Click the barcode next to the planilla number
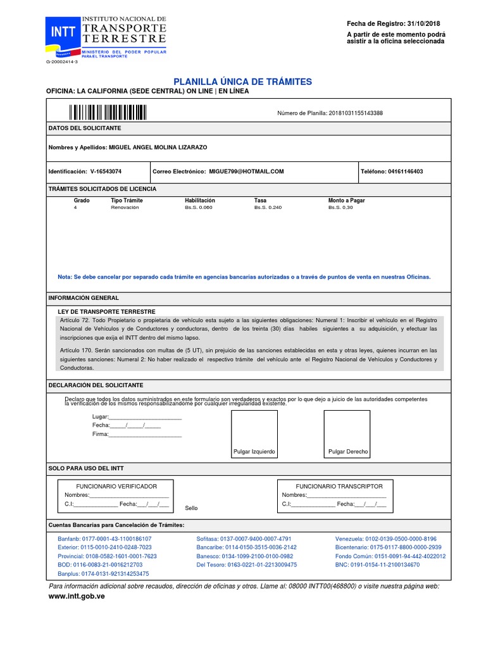tap(108, 113)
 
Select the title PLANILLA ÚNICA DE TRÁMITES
tap(243, 82)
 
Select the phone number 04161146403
tap(406, 171)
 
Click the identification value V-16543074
tap(106, 171)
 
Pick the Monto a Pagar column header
tap(346, 201)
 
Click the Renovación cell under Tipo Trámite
tap(124, 208)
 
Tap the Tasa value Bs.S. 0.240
tap(268, 208)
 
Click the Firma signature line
tap(145, 435)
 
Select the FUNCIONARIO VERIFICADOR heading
tap(116, 486)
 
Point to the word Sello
tap(191, 508)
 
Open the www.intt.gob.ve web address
tap(77, 597)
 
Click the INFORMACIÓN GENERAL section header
tap(84, 297)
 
